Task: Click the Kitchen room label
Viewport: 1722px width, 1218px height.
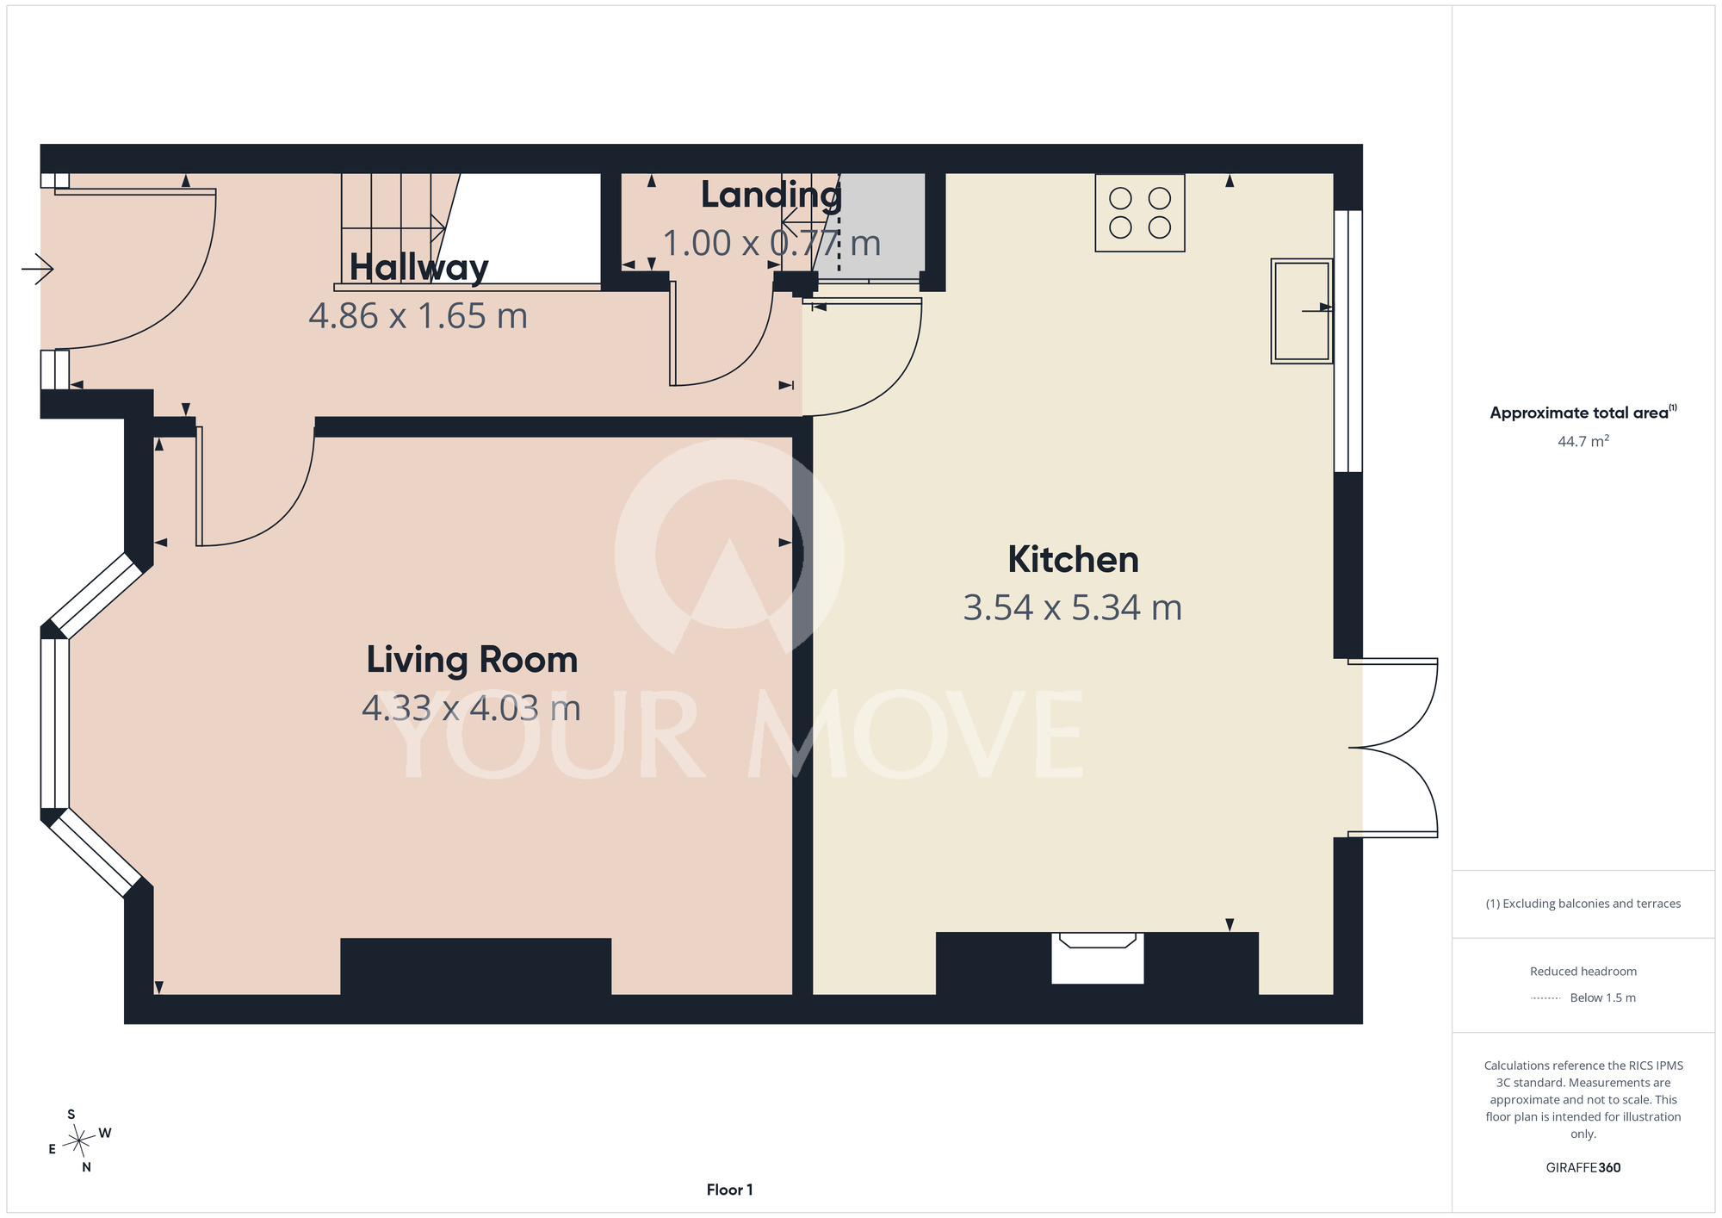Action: coord(1073,560)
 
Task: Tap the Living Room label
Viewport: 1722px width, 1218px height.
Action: coord(472,661)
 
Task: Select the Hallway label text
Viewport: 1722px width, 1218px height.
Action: coord(418,267)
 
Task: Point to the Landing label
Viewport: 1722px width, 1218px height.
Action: coord(771,196)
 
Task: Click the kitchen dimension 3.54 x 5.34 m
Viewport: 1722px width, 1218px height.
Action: coord(1073,608)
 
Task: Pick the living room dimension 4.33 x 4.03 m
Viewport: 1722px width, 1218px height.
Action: coord(472,709)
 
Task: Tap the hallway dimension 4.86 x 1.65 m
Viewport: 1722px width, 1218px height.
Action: coord(418,316)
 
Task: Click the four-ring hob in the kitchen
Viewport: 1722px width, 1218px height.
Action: coord(1140,213)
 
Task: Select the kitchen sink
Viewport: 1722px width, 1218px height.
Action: coord(1302,311)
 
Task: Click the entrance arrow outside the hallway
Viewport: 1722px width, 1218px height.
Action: coord(38,269)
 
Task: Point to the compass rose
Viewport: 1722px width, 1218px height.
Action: coord(79,1141)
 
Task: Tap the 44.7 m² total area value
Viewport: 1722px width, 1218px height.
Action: coord(1583,441)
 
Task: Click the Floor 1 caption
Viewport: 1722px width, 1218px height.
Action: coord(729,1190)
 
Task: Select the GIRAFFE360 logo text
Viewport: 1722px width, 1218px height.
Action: coord(1583,1168)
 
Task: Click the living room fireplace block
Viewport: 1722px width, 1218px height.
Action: coord(476,966)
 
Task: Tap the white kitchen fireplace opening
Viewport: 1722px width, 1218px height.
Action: coord(1098,958)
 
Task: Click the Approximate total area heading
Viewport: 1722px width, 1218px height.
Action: coord(1583,413)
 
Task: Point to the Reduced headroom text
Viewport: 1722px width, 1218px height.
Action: coord(1583,972)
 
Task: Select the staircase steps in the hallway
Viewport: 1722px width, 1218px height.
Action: coord(393,228)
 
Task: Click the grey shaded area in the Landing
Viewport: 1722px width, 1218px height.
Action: coord(871,226)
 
